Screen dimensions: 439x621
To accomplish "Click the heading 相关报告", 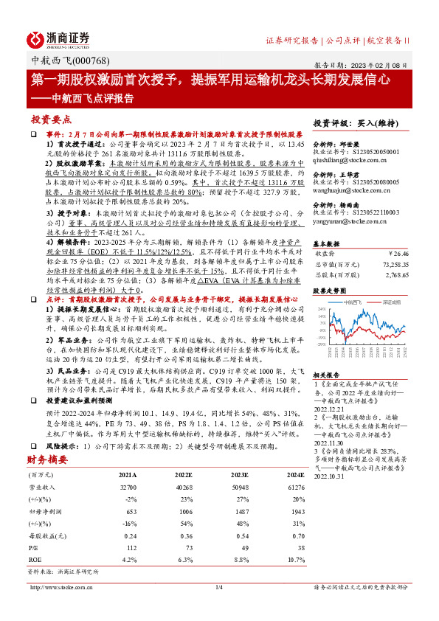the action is (326, 375).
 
